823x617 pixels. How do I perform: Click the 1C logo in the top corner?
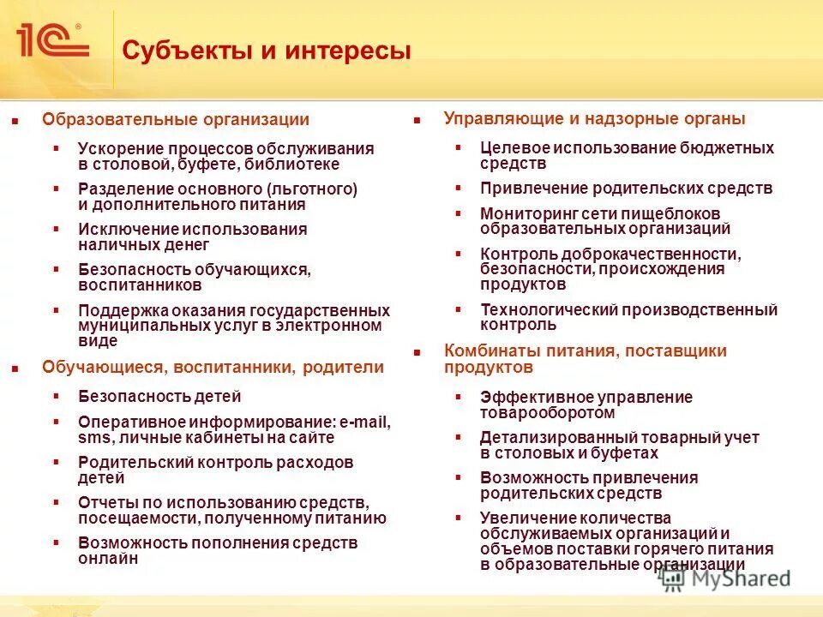click(x=51, y=40)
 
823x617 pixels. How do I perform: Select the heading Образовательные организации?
click(x=176, y=120)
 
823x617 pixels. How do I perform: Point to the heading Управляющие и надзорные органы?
click(x=594, y=119)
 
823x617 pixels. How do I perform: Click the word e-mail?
click(x=364, y=422)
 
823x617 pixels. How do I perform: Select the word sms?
click(x=90, y=438)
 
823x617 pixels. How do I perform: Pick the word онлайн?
click(x=109, y=558)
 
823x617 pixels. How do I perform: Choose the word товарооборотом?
click(x=548, y=412)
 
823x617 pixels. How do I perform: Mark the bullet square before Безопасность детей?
click(x=57, y=396)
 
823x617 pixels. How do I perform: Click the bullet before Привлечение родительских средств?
click(x=459, y=188)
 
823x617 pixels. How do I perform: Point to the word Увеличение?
click(x=527, y=518)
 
